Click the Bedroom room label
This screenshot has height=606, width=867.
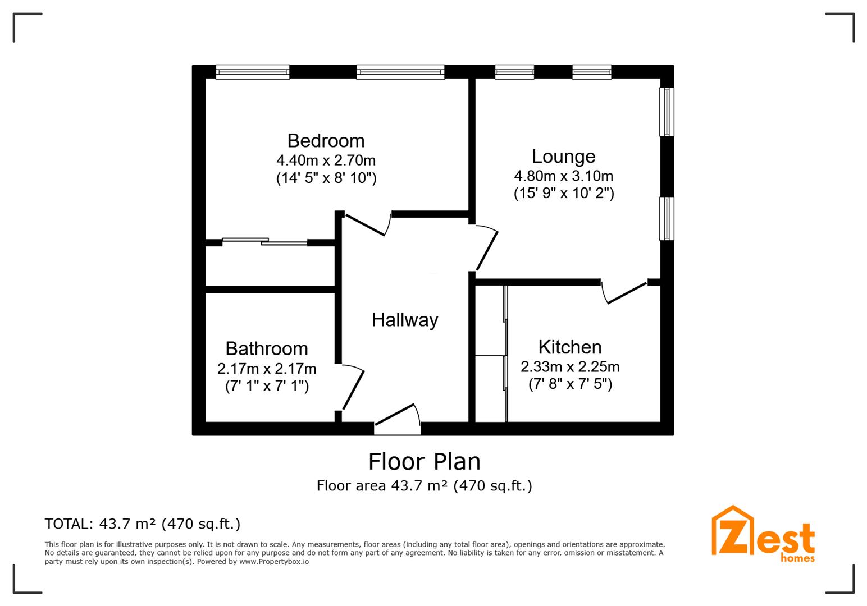tap(326, 140)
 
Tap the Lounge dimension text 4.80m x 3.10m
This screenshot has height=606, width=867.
tap(563, 176)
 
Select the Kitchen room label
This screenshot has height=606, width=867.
tap(569, 347)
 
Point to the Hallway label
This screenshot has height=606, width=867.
tap(404, 320)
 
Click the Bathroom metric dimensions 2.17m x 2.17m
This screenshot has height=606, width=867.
tap(267, 369)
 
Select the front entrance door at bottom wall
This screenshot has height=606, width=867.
tap(396, 417)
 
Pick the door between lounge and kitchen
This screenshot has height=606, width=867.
tap(626, 293)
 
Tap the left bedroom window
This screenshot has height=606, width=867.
tap(253, 71)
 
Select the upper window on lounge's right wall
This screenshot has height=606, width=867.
tap(667, 112)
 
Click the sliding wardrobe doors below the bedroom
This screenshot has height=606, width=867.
tap(265, 242)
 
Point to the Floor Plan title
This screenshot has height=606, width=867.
tap(424, 461)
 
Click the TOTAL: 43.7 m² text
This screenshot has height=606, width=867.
tap(142, 524)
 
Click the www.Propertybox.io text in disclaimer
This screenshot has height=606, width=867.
tap(274, 561)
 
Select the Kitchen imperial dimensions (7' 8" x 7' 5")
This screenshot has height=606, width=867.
tap(569, 384)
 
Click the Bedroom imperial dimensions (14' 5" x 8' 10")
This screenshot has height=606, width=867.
tap(326, 178)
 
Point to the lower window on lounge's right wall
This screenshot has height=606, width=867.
tap(667, 218)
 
